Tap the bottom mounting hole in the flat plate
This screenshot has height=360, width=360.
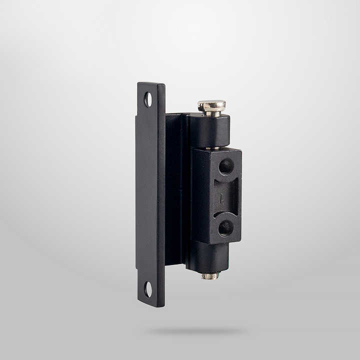148,288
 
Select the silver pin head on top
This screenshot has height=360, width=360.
211,105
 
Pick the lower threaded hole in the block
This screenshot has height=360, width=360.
225,228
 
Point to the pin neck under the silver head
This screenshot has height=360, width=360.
211,113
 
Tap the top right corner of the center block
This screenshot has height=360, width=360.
240,151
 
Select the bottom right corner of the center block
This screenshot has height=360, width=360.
240,242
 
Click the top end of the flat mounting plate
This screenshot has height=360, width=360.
151,84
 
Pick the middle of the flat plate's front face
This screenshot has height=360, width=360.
150,195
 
